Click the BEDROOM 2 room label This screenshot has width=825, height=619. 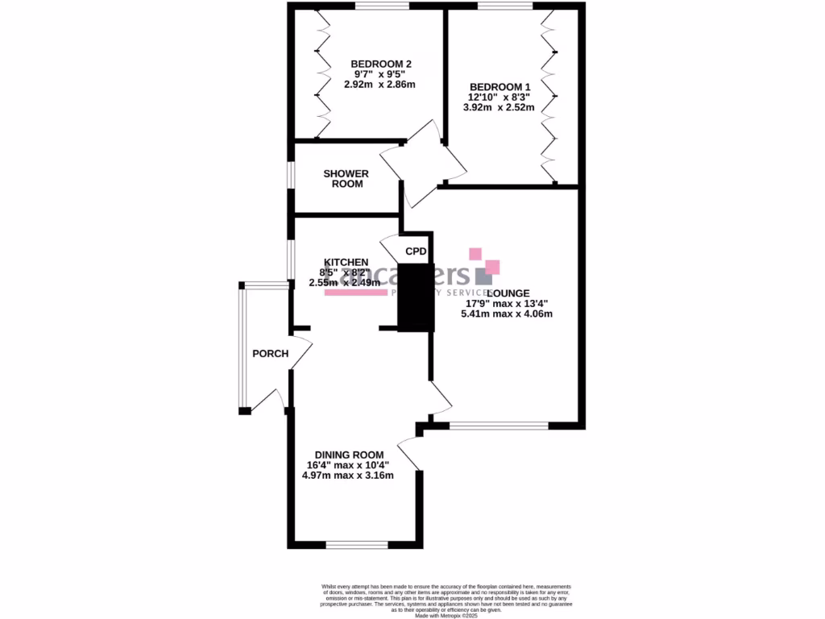click(381, 64)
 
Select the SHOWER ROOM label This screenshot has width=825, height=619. click(346, 178)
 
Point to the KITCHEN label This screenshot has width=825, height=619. click(346, 263)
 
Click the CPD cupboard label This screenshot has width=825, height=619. click(416, 251)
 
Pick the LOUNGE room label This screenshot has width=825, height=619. click(508, 293)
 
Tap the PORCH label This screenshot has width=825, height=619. click(270, 353)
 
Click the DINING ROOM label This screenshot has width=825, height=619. click(349, 455)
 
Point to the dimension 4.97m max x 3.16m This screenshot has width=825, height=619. click(348, 476)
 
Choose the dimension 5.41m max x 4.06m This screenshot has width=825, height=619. click(509, 314)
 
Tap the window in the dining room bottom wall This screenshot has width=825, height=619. click(357, 545)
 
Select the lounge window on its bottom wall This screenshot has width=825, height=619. click(499, 425)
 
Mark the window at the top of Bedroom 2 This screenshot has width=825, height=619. click(381, 6)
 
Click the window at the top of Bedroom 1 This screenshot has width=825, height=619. click(504, 6)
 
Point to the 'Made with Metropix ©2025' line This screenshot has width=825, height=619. click(446, 617)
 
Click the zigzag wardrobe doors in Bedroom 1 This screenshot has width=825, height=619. click(551, 97)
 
